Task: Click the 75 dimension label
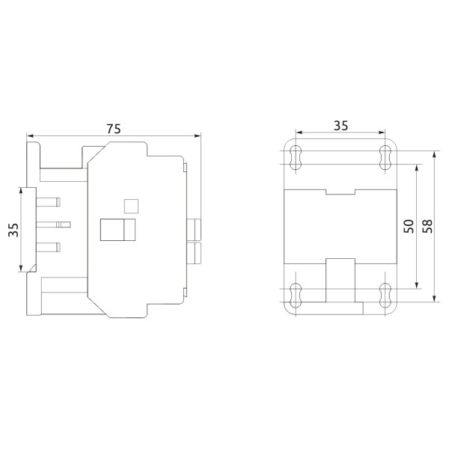[114, 128]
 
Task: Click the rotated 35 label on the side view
[13, 230]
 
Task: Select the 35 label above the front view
[340, 126]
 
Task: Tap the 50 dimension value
[407, 227]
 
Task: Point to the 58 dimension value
[427, 227]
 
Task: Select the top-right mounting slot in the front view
[385, 156]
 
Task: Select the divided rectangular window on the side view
[118, 230]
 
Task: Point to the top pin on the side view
[49, 201]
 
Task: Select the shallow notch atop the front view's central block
[340, 192]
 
